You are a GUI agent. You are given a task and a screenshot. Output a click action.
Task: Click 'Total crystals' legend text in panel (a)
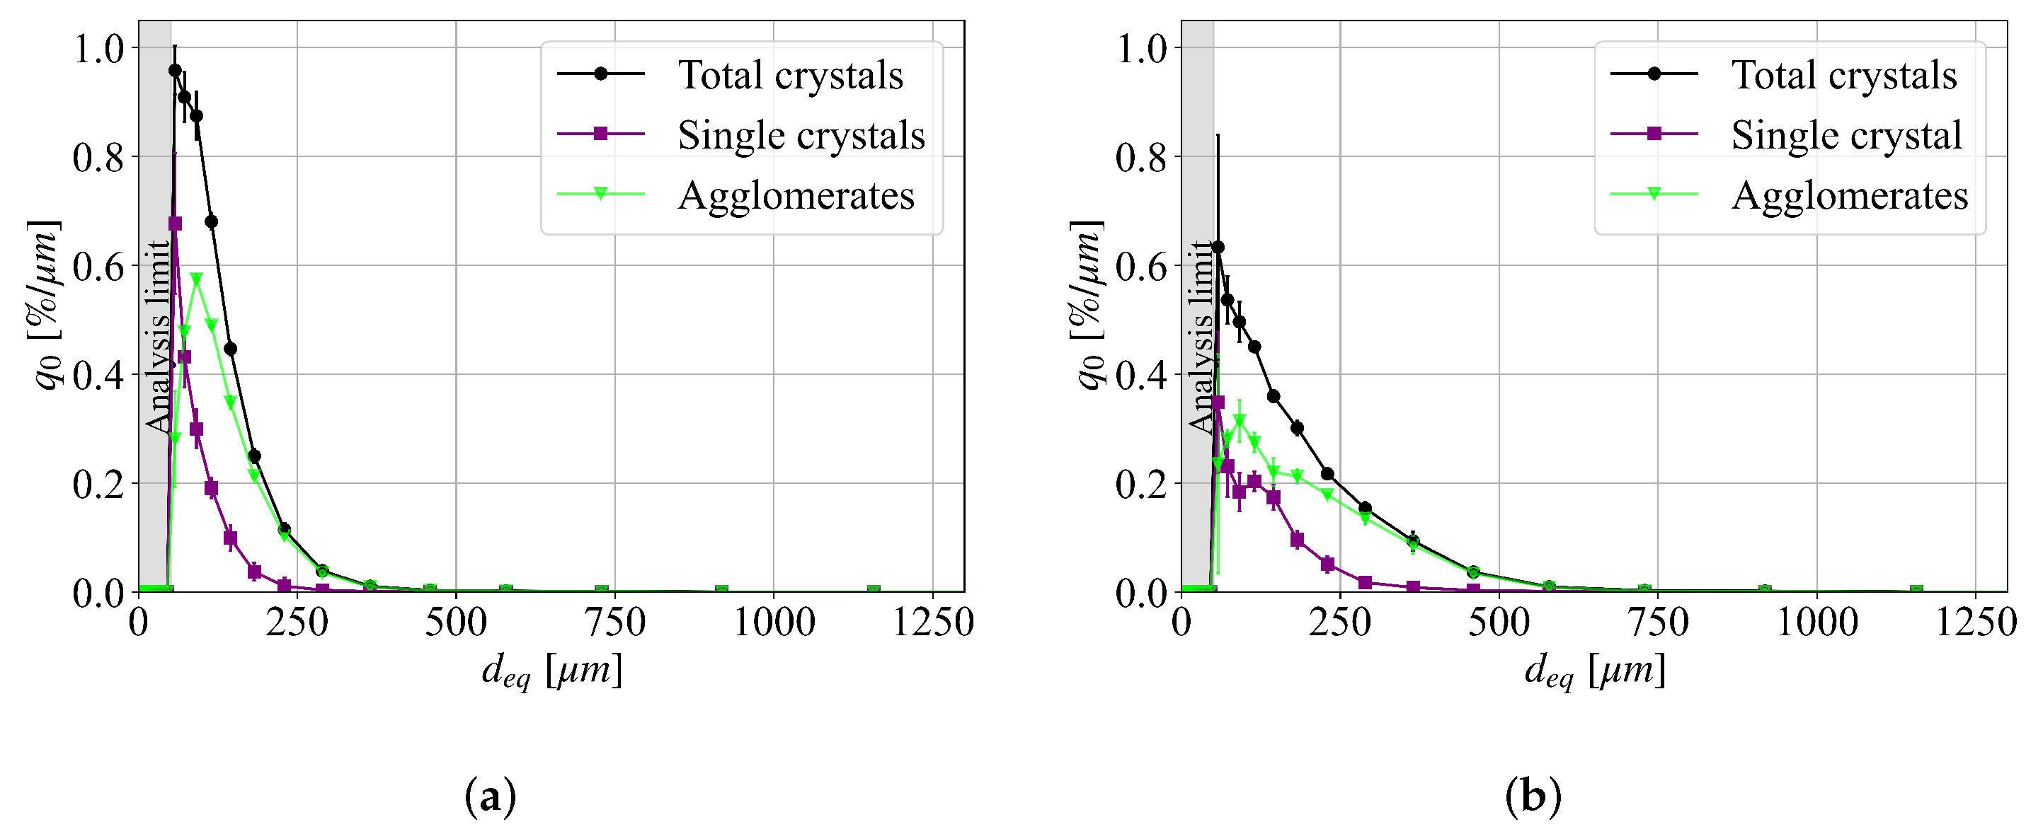pos(790,75)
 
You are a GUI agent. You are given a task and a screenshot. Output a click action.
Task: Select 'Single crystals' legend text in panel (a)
pos(801,136)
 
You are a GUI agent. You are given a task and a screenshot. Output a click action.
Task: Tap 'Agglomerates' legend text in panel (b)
pos(1850,196)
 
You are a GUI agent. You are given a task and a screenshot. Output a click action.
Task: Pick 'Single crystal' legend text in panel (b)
pos(1846,136)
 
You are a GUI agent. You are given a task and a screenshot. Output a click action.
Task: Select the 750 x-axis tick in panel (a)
pos(614,623)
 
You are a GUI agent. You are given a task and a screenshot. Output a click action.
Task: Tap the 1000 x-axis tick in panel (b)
pos(1816,623)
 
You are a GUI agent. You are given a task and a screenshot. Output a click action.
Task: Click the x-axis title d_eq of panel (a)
pos(551,671)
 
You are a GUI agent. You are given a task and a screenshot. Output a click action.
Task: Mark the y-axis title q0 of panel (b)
pos(1089,305)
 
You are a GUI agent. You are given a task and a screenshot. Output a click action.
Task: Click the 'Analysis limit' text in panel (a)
pos(158,336)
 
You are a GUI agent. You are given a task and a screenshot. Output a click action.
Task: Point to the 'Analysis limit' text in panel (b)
pos(1201,336)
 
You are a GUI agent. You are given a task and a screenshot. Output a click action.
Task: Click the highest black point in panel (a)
pos(174,71)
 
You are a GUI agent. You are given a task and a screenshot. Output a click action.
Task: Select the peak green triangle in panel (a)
pos(197,279)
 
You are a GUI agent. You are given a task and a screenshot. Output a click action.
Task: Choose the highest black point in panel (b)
pos(1218,248)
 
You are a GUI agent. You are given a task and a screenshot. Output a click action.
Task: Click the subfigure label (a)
pos(490,797)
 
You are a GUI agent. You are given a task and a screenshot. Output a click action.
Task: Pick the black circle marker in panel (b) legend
pos(1654,74)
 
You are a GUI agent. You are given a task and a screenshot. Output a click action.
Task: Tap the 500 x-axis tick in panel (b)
pos(1499,623)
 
